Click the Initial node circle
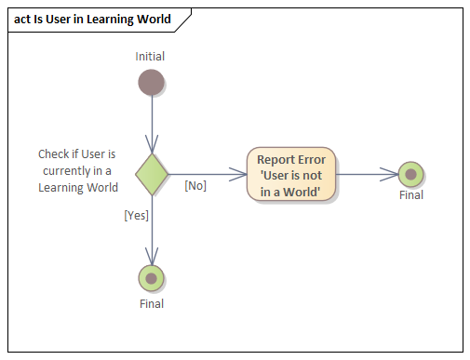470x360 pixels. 151,83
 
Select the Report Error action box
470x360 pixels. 291,174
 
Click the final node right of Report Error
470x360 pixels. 410,174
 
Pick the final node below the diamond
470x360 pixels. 151,278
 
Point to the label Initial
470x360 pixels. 151,57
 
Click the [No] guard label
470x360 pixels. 195,186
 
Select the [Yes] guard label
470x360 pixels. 137,215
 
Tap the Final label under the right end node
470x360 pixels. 410,195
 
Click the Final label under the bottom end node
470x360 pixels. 151,303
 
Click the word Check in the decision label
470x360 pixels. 53,153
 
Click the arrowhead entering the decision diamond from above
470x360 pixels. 151,147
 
